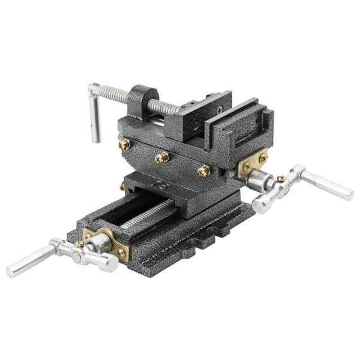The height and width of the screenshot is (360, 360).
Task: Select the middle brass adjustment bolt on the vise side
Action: [x=160, y=157]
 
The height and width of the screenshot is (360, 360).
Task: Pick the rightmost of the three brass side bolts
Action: [x=202, y=172]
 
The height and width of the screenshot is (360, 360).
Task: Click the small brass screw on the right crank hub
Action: [x=280, y=178]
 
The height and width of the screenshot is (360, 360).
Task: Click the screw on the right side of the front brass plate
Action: [x=122, y=253]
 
